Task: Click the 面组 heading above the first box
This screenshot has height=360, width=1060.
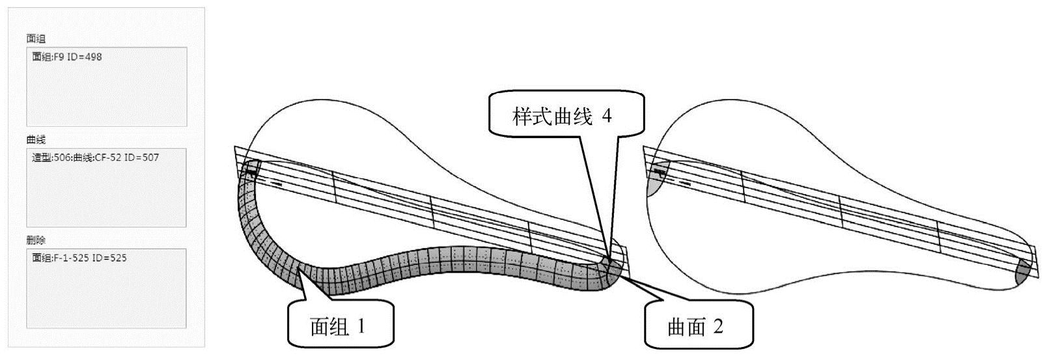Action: tap(36, 39)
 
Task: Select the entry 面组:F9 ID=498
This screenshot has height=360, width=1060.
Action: tap(67, 57)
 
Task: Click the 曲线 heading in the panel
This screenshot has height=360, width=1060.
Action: tap(36, 140)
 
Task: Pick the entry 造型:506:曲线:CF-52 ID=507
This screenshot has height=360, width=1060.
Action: tap(95, 158)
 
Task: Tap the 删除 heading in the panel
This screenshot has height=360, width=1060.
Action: tap(36, 240)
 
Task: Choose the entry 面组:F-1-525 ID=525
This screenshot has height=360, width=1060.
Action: tap(79, 258)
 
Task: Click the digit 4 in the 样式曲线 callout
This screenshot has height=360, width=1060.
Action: tap(606, 117)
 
